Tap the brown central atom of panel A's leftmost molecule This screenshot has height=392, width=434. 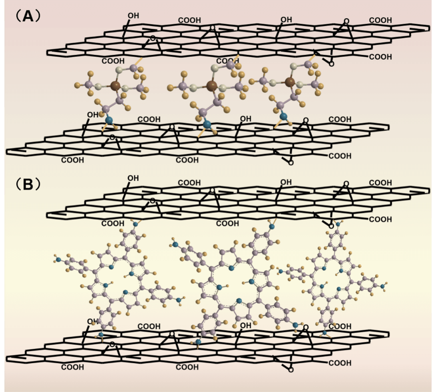coord(115,85)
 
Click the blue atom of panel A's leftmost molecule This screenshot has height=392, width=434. coord(108,119)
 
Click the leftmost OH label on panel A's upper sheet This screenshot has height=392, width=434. coord(133,16)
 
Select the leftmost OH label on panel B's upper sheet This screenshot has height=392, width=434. coord(133,178)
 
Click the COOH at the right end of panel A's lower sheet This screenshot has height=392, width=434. coord(340,156)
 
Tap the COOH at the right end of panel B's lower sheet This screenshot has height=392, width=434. coord(340,363)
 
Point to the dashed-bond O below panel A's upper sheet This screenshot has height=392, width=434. coord(331,64)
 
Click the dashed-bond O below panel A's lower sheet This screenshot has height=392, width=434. coord(291,163)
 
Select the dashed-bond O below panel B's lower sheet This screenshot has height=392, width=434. coord(291,370)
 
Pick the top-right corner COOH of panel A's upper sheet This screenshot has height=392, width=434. coord(380,20)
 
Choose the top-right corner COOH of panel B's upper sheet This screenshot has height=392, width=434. coord(380,183)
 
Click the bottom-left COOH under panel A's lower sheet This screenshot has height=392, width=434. coord(73,160)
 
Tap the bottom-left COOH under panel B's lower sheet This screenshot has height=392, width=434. coord(73,367)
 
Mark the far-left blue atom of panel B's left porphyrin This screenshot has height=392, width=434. coord(59,260)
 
